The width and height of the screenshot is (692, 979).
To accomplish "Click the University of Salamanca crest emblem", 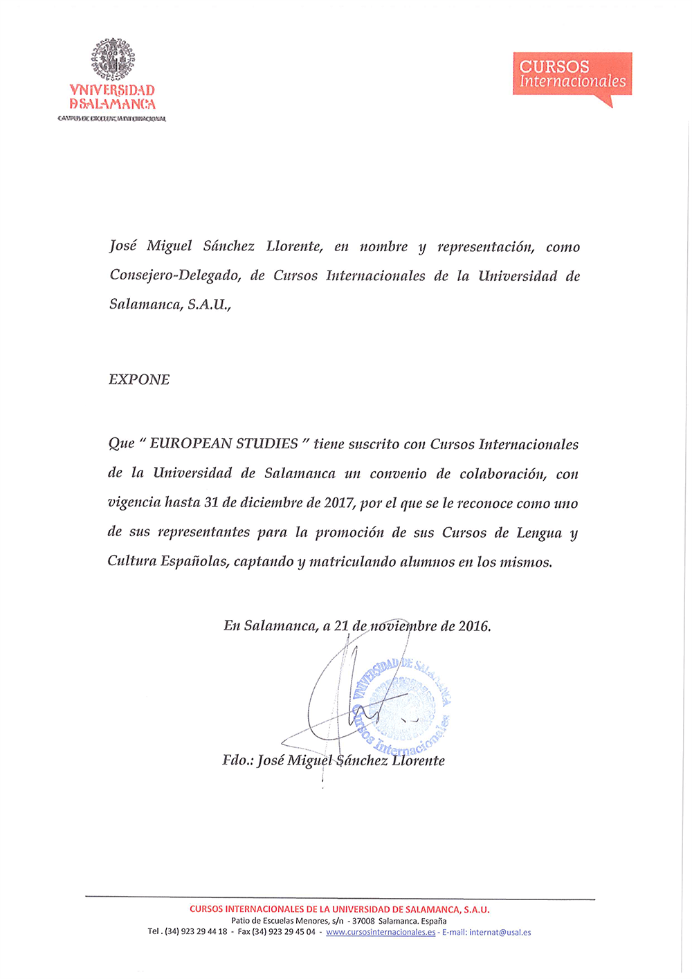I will (x=113, y=59).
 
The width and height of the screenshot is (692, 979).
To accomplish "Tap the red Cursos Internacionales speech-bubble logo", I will (x=572, y=74).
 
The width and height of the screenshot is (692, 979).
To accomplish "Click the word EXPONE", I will (x=139, y=379).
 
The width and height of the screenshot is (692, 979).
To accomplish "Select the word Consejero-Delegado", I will (x=175, y=275).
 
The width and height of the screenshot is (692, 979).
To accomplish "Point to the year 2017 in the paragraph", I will (x=339, y=503).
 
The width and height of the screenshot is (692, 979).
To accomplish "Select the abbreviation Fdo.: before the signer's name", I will (x=238, y=760).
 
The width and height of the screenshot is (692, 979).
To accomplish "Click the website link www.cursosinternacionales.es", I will (x=381, y=932).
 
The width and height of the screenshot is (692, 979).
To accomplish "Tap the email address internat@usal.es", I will (x=500, y=932).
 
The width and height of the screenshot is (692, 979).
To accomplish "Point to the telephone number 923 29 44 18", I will (x=203, y=932).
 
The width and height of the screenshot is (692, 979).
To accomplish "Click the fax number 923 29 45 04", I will (x=291, y=932).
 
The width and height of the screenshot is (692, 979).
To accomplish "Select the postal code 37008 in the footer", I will (x=363, y=921).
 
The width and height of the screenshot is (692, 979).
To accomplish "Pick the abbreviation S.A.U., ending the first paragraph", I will (x=209, y=304).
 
